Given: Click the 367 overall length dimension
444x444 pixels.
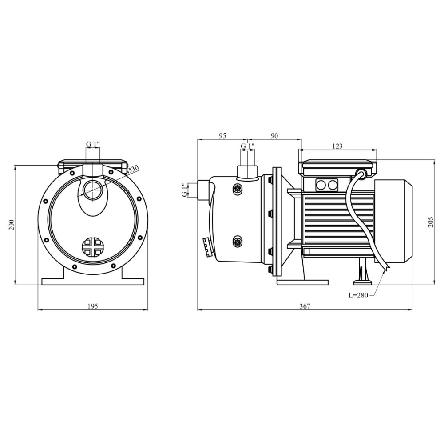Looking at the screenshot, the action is click(305, 306).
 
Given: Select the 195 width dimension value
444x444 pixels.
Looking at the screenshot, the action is click(93, 306).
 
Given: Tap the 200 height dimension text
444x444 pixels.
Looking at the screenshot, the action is click(12, 225).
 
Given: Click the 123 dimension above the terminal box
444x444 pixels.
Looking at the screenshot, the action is click(337, 146).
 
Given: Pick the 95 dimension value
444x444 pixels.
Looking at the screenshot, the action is click(223, 135).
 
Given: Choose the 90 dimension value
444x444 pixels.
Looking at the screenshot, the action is click(274, 135).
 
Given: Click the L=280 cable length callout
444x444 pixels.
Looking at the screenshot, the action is click(358, 295).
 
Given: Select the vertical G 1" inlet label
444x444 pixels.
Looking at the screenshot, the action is click(185, 190).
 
